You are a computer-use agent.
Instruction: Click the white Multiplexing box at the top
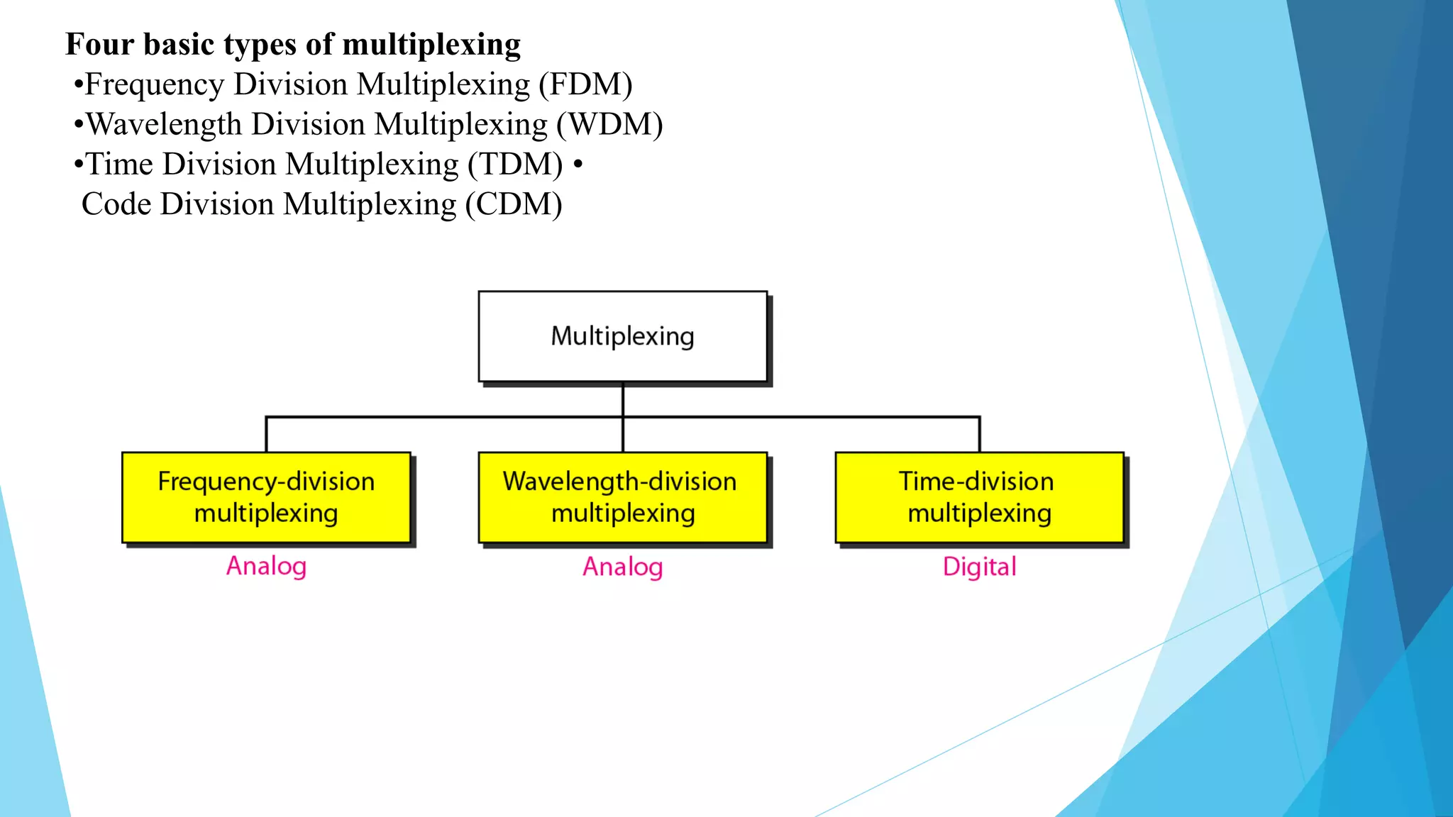pos(622,336)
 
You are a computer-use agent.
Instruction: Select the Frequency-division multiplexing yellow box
pos(266,497)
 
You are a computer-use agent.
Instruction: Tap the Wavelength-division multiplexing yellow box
pos(622,497)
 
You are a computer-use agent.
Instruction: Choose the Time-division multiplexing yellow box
pos(979,497)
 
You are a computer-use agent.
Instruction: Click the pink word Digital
pos(979,567)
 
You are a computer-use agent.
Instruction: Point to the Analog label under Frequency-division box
pos(266,566)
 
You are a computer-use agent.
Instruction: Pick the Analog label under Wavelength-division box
pos(622,567)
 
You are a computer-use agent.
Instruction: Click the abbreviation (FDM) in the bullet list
pos(585,84)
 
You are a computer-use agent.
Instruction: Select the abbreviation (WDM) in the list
pos(609,125)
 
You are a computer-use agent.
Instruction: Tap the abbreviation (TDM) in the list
pos(515,165)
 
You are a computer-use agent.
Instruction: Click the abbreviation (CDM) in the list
pos(514,204)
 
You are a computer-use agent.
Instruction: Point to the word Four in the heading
pos(99,44)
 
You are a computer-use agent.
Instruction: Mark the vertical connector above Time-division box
pos(979,434)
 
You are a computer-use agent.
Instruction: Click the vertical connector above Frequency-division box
pos(266,434)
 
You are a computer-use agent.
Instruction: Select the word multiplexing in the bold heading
pos(431,45)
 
